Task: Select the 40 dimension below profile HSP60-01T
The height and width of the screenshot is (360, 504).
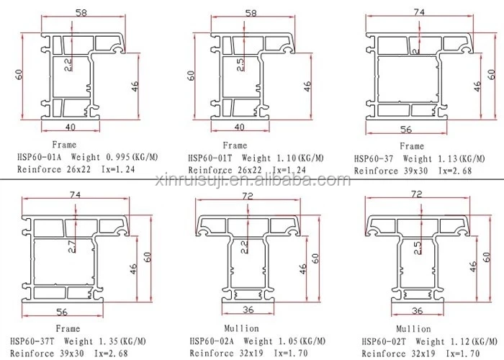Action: point(240,127)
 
